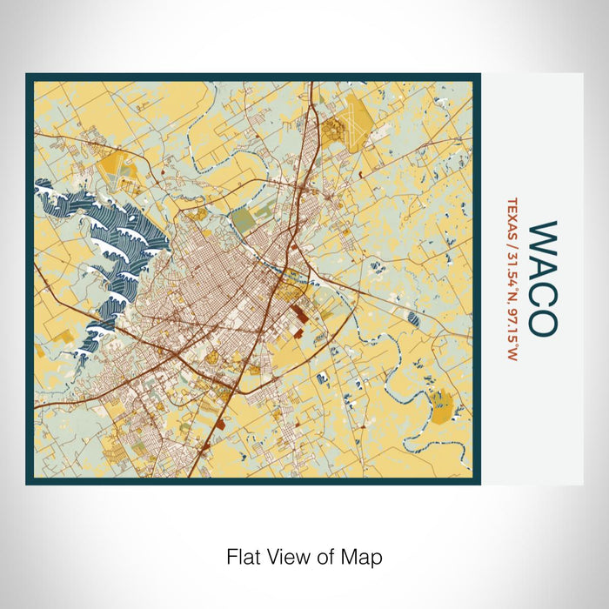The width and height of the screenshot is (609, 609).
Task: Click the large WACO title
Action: (x=544, y=277)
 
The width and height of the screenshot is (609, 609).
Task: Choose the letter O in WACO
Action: (x=544, y=319)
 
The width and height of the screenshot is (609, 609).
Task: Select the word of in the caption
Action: (x=320, y=556)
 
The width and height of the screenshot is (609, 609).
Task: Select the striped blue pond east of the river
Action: (x=413, y=320)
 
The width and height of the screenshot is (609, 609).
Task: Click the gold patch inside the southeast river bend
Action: (x=441, y=402)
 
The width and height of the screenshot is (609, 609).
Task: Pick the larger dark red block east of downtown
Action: (x=298, y=311)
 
